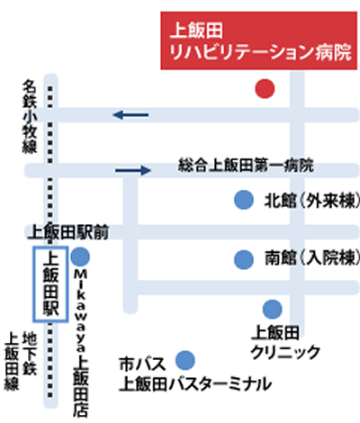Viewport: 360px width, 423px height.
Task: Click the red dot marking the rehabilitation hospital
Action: [265, 89]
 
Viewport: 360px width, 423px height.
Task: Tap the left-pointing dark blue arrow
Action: [130, 114]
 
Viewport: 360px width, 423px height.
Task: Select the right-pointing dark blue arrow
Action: [133, 170]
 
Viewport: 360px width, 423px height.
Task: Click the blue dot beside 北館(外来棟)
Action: [244, 200]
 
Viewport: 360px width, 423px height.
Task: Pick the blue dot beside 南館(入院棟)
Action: [244, 259]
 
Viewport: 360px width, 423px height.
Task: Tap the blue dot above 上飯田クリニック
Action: [273, 309]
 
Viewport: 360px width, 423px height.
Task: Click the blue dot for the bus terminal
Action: [185, 360]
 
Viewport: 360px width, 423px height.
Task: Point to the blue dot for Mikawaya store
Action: [80, 256]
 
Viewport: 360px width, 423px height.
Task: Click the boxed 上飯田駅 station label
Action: [50, 284]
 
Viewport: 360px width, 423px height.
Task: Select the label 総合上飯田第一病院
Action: [246, 165]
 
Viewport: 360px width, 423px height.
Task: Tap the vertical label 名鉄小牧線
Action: [30, 116]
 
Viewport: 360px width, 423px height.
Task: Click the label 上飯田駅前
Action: [68, 232]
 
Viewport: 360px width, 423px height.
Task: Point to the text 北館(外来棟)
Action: [312, 200]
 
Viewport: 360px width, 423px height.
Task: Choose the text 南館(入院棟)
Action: [312, 258]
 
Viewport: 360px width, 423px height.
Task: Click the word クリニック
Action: [285, 352]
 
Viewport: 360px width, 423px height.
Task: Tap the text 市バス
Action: [142, 364]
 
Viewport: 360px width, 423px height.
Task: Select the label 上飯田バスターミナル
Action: [195, 383]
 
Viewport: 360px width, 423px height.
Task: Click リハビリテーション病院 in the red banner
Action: [260, 52]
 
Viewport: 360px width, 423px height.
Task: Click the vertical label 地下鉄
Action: [30, 353]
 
